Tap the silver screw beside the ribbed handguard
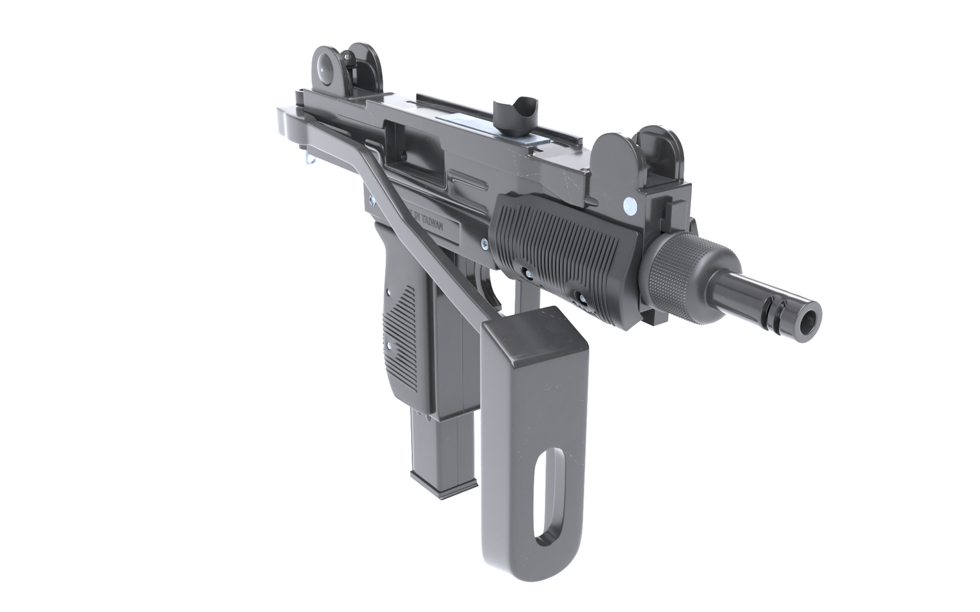click(x=484, y=244)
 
